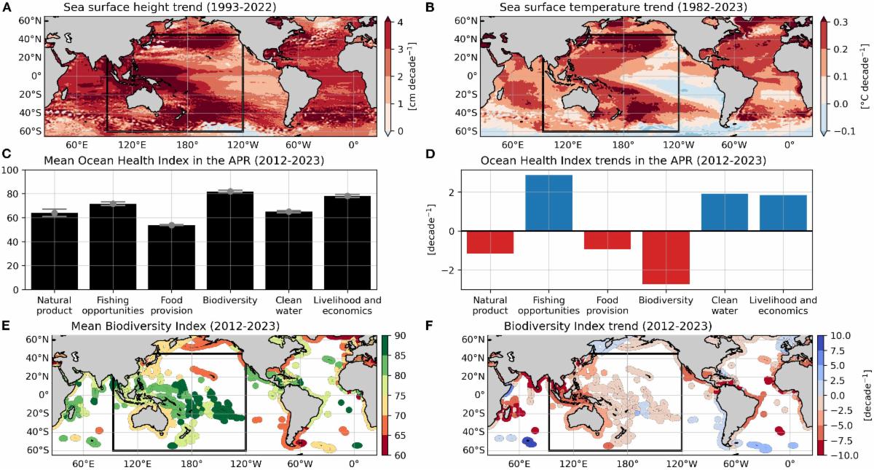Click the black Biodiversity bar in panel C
coord(230,240)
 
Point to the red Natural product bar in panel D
coord(490,242)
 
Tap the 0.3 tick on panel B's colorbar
coord(841,23)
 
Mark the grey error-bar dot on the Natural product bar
coord(54,213)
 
